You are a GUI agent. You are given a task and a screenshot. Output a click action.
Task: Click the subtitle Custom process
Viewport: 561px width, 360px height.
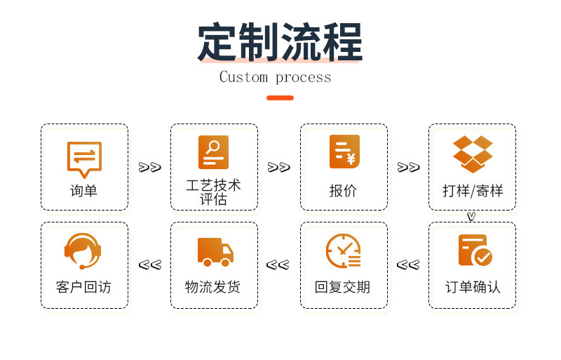coord(275,77)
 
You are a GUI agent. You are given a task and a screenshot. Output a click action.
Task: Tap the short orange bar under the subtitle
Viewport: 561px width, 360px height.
coord(280,98)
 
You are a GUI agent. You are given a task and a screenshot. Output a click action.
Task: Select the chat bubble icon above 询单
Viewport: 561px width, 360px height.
coord(84,158)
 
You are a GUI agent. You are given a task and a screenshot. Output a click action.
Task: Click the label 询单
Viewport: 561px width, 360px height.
coord(84,190)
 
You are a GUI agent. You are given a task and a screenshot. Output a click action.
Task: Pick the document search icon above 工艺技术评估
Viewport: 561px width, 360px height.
coord(213,152)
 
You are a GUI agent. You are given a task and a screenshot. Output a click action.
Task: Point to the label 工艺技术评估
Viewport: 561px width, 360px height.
coord(213,192)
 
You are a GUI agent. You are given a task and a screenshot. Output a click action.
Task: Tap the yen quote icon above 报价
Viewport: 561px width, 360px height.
coord(344,152)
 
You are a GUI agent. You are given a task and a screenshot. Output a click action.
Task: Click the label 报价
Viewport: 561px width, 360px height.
coord(344,190)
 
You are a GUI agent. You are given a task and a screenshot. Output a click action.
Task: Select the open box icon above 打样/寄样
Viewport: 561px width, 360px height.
coord(473,154)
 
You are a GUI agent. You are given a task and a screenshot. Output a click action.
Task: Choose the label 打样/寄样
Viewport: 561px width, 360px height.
coord(473,190)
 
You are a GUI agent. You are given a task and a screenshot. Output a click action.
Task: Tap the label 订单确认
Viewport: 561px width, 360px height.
coord(473,287)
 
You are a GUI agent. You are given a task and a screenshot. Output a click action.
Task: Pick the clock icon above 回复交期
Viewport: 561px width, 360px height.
coord(344,251)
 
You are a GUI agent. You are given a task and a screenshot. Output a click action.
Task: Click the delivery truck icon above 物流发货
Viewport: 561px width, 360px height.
coord(215,251)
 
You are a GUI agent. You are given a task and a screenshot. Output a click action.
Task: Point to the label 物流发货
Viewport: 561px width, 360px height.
coord(213,287)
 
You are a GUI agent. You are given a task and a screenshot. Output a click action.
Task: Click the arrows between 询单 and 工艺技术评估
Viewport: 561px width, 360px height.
coord(149,167)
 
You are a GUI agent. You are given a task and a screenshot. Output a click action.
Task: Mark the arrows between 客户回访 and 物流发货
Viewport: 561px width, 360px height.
coord(149,265)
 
